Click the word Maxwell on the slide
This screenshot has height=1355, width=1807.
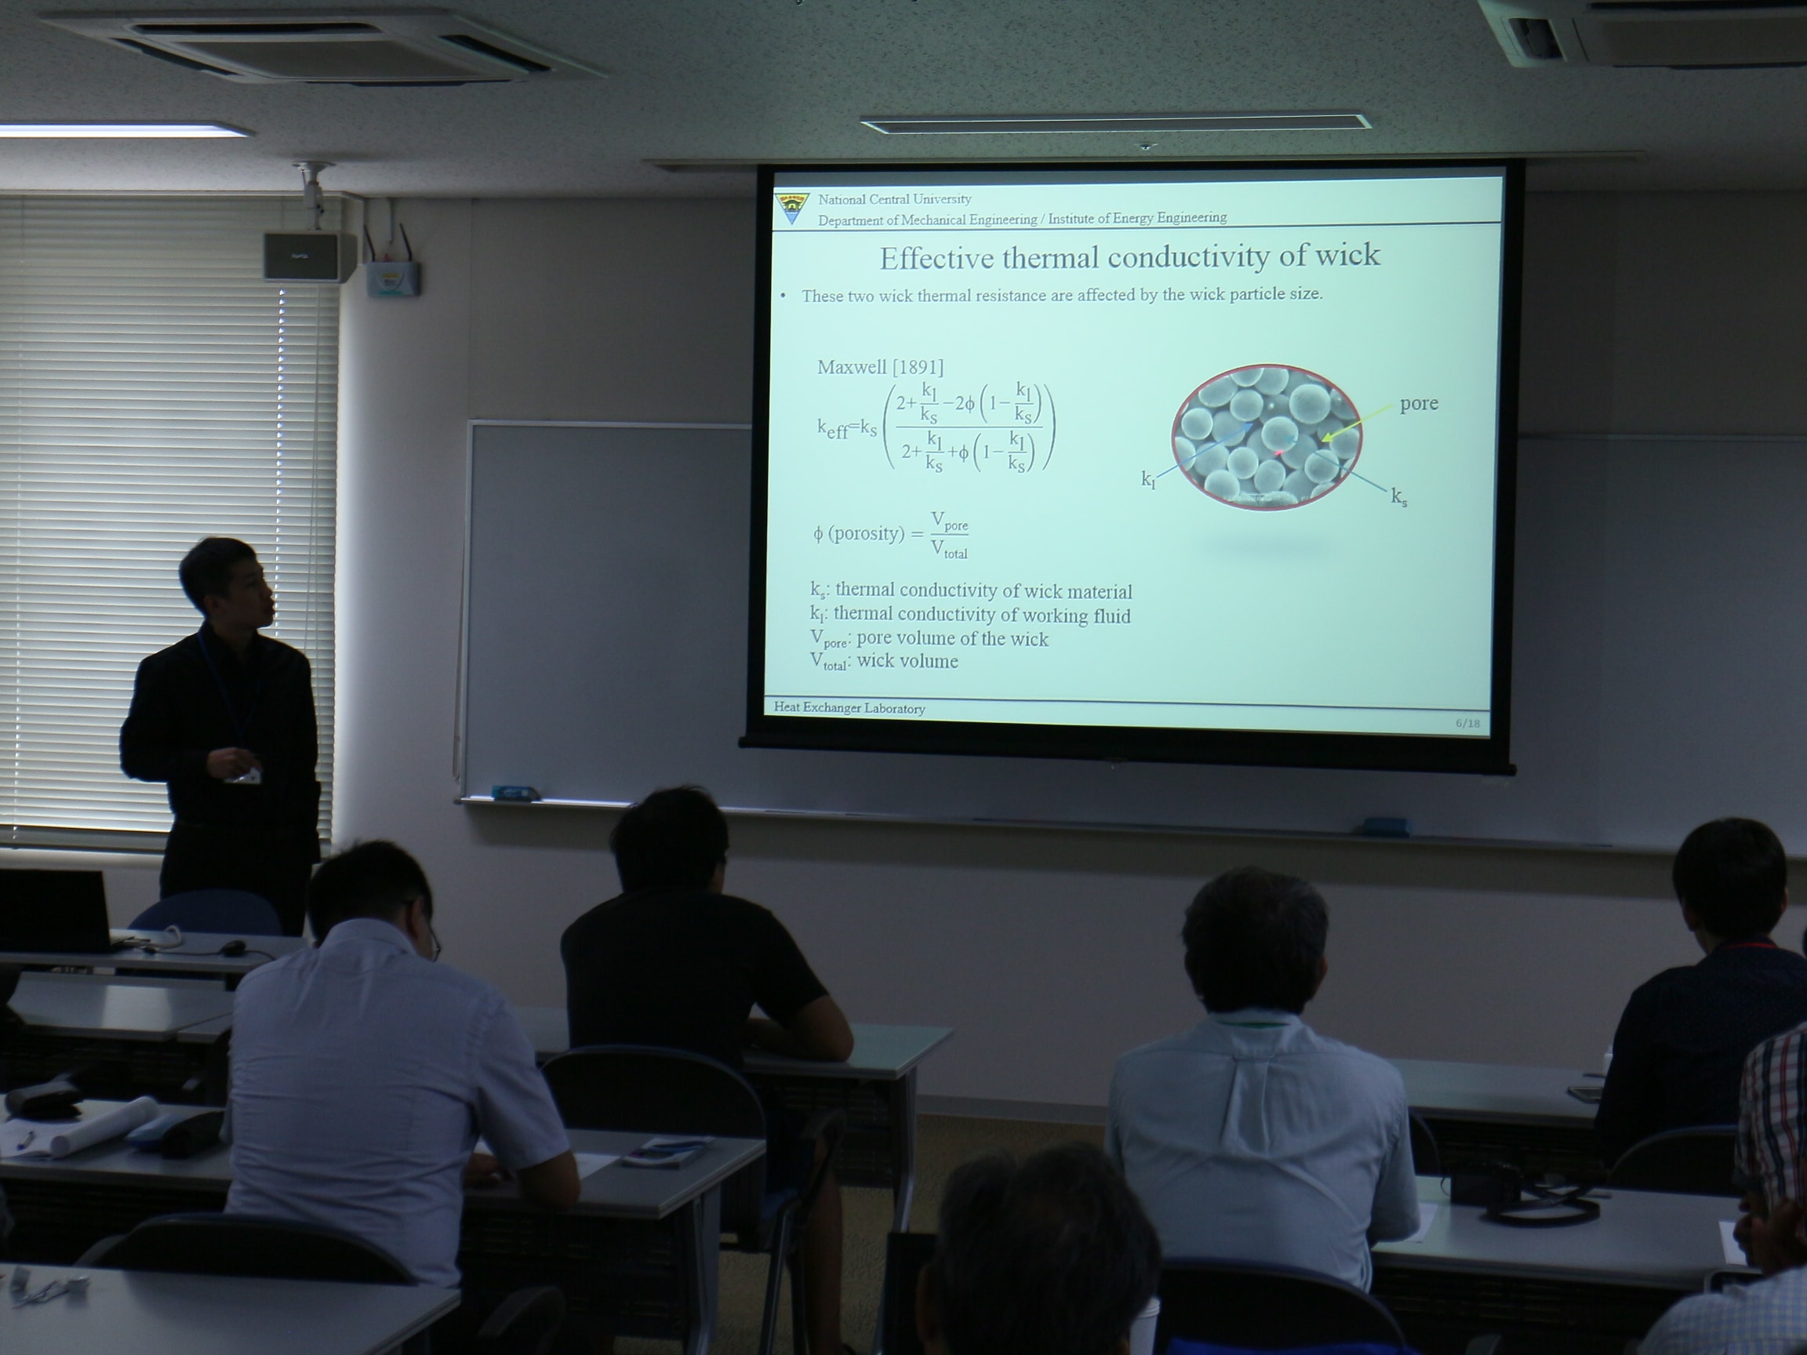click(851, 368)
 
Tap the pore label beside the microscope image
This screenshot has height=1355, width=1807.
click(1419, 405)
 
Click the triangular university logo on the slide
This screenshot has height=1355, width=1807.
click(791, 208)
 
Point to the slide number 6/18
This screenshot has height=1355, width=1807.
click(1467, 724)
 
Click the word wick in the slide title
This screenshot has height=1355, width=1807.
click(1347, 255)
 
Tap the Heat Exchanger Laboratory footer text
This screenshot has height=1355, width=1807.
click(849, 708)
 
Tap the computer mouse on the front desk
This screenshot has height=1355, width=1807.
click(233, 948)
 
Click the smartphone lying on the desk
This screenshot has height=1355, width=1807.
click(664, 1153)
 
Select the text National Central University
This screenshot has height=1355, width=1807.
click(895, 199)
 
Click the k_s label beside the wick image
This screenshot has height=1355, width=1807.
click(1399, 496)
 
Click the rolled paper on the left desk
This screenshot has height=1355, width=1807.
click(104, 1125)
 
